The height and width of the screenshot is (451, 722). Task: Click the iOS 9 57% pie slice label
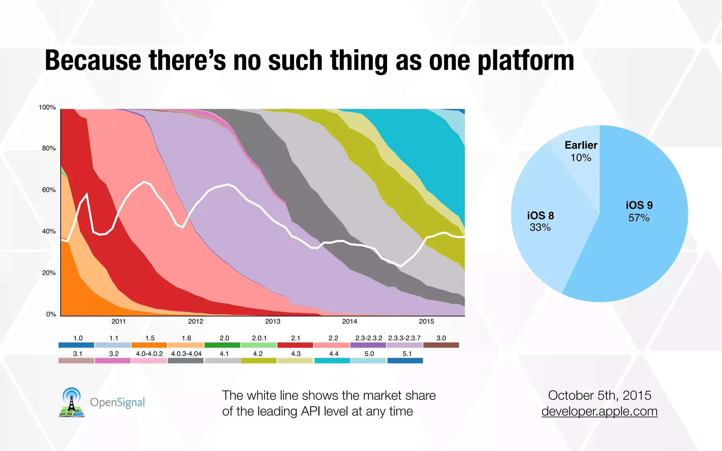click(x=639, y=211)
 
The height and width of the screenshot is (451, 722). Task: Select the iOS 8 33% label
click(x=540, y=221)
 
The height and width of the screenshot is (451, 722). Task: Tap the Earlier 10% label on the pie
click(x=581, y=151)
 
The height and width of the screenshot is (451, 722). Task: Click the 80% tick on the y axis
click(x=49, y=148)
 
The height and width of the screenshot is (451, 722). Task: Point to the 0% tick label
click(x=51, y=314)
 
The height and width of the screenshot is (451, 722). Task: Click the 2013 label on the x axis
click(x=273, y=321)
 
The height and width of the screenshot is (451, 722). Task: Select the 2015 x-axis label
click(x=426, y=321)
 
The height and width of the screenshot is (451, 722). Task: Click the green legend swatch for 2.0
click(x=222, y=345)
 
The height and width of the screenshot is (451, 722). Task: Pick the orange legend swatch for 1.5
click(x=149, y=345)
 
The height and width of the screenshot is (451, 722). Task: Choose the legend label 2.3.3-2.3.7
click(x=404, y=338)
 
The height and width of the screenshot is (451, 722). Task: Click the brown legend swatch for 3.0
click(x=441, y=345)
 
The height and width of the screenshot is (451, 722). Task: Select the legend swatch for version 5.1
click(x=405, y=360)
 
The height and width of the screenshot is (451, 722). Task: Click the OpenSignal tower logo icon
click(x=72, y=402)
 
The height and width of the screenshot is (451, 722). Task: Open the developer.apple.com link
click(x=599, y=412)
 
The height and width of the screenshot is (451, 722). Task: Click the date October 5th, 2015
click(x=599, y=395)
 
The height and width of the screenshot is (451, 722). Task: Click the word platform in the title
click(x=526, y=61)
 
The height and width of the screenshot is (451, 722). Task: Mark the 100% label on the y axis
click(x=47, y=107)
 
